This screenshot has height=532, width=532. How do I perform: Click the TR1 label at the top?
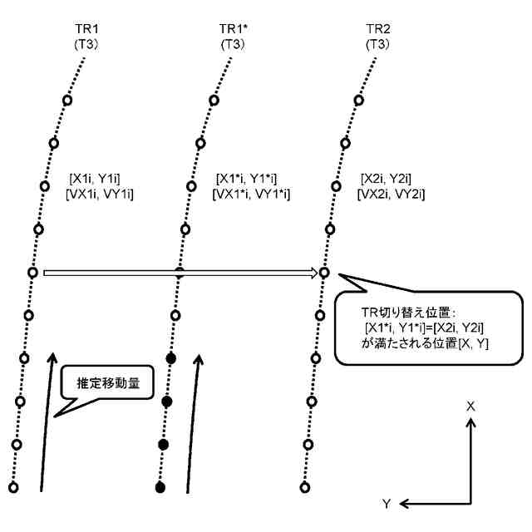[86, 29]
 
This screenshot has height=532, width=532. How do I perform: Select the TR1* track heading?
[227, 29]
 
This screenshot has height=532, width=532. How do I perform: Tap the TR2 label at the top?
[377, 29]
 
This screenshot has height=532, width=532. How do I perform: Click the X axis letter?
[470, 406]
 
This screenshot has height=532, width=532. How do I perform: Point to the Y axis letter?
[387, 504]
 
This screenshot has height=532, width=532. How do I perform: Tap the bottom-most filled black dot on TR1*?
[160, 486]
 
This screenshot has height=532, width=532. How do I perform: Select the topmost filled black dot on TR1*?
[171, 358]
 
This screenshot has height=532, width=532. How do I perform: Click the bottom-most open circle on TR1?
[12, 486]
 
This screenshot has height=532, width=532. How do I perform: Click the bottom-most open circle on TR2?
[304, 486]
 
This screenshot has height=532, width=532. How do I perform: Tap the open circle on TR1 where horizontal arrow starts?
[32, 272]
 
